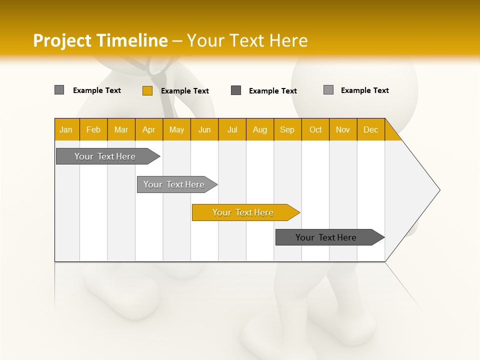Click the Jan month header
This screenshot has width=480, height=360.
tap(66, 129)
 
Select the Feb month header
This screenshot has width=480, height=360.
tap(93, 129)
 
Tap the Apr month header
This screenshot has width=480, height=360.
tap(148, 129)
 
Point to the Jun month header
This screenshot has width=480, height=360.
tap(204, 129)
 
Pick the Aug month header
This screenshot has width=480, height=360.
tap(259, 129)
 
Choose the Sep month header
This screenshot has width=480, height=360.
tap(287, 129)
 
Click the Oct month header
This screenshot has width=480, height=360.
tap(315, 129)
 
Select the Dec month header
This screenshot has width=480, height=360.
tap(370, 129)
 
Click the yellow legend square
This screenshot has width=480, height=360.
tap(147, 90)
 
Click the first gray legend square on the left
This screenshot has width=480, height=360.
tap(59, 90)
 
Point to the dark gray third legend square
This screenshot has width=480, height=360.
tap(236, 90)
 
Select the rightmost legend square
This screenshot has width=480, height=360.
tap(328, 90)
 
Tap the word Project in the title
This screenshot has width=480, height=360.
tap(62, 40)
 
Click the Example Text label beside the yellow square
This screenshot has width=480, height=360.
tap(184, 90)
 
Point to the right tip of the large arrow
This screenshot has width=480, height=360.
tap(438, 190)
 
